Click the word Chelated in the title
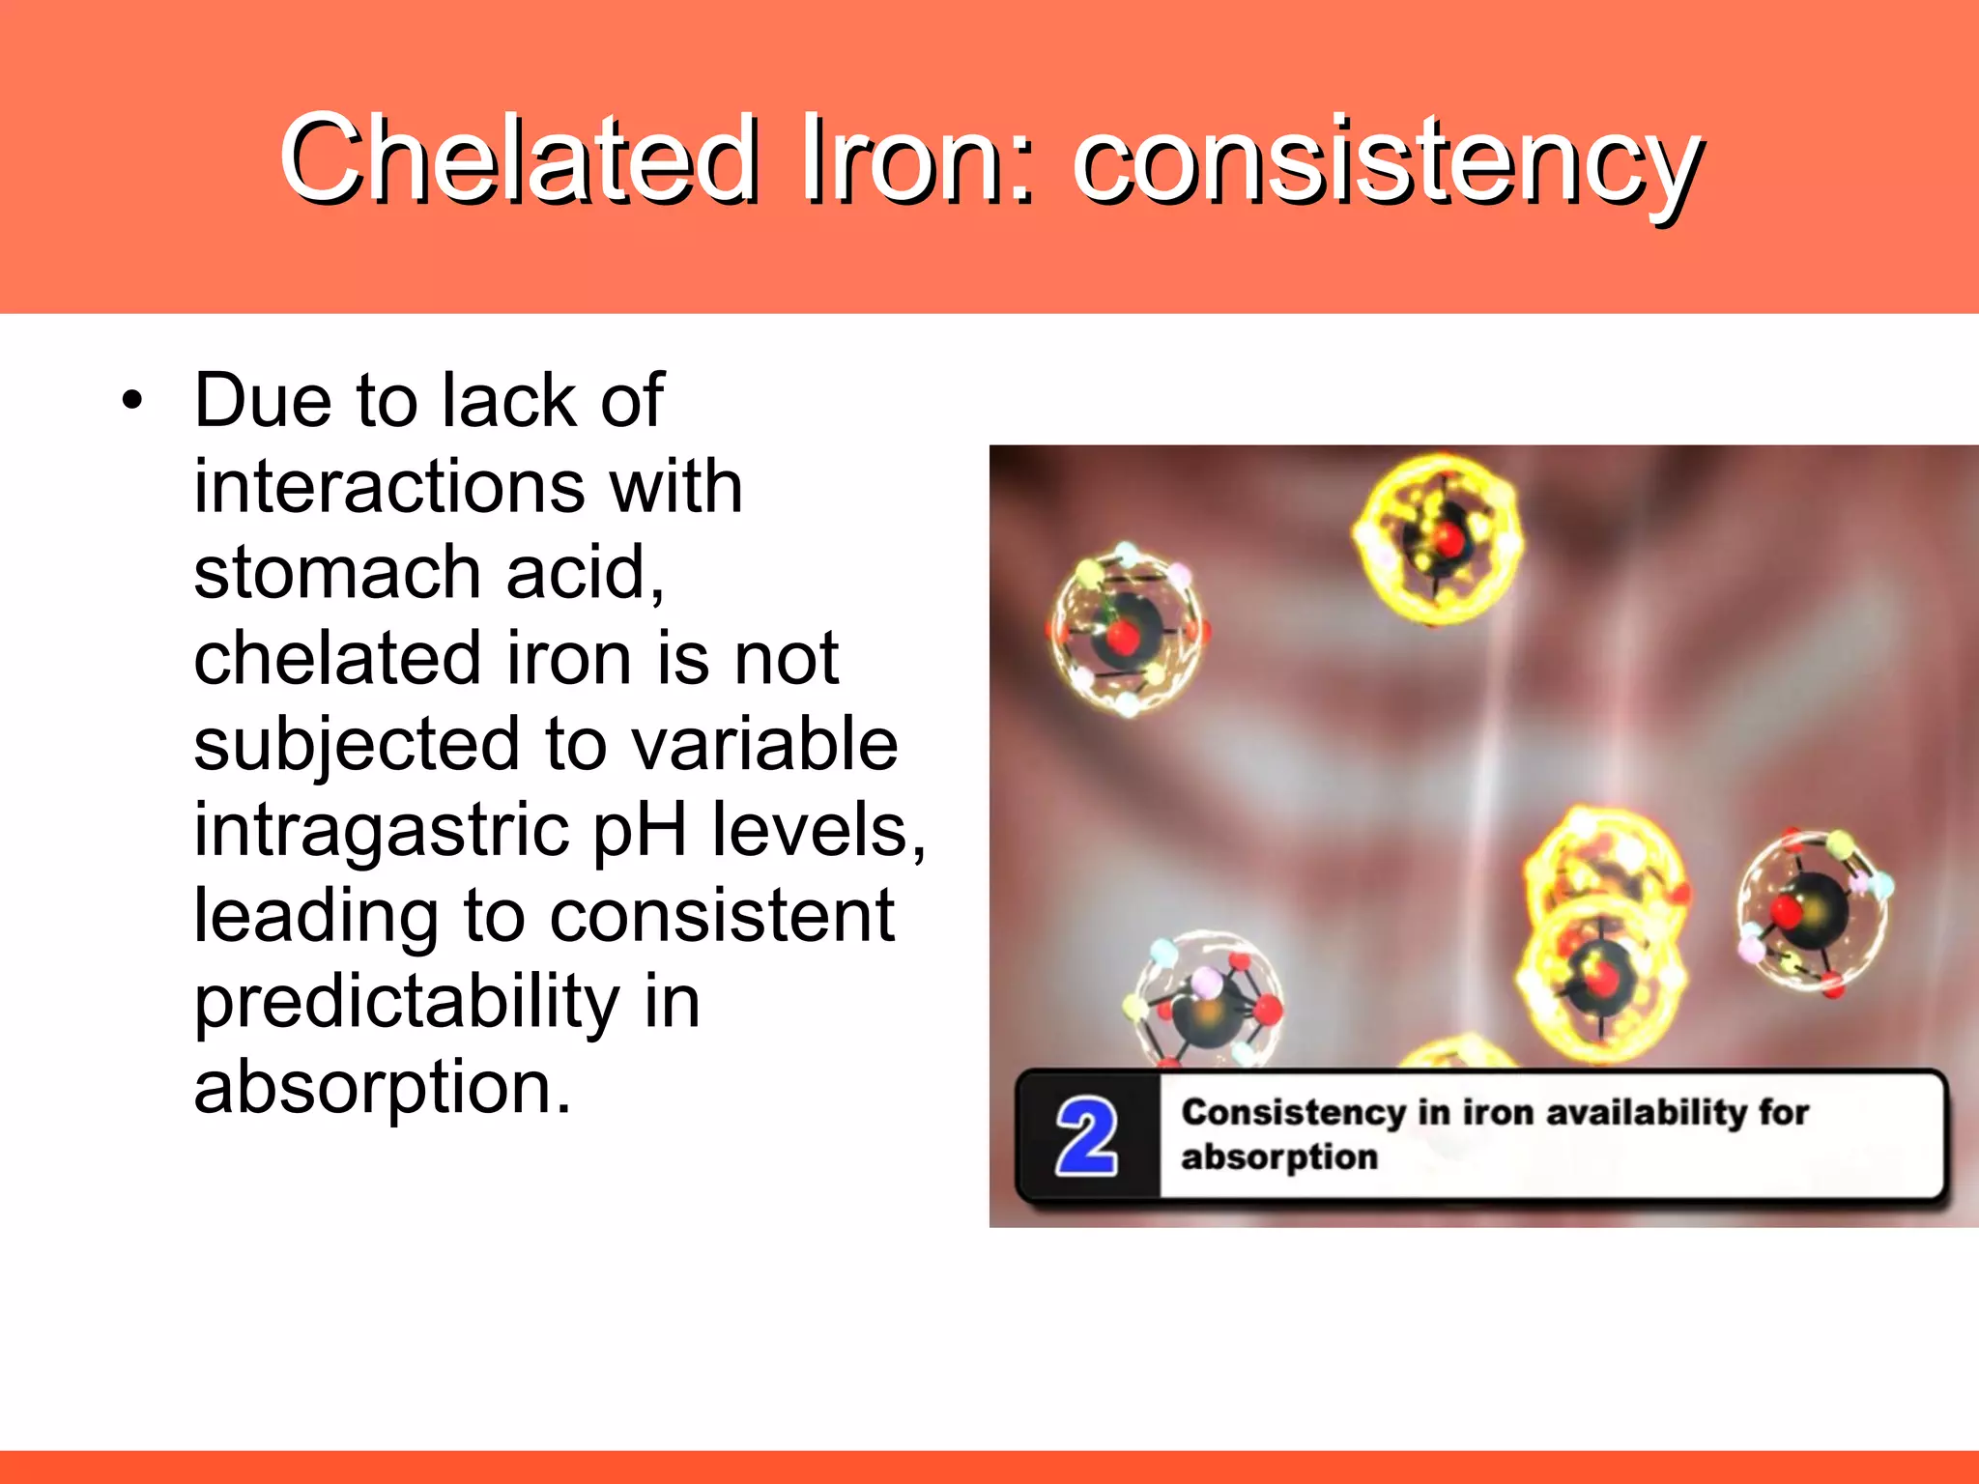click(519, 159)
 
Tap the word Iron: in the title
click(918, 159)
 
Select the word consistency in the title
click(1388, 164)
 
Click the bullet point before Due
click(132, 401)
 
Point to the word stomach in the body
click(337, 572)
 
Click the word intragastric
click(382, 831)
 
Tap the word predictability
click(407, 1003)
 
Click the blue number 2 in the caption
click(1086, 1137)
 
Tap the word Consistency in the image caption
click(1292, 1112)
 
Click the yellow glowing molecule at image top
click(1438, 539)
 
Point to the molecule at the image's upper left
click(1127, 630)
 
